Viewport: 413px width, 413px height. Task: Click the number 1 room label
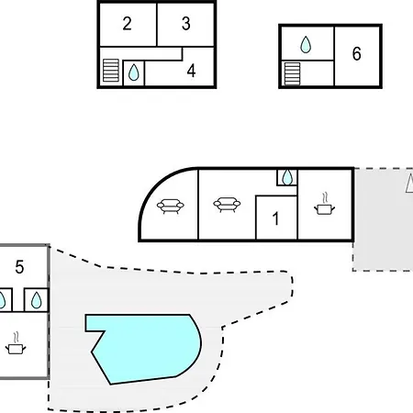point(275,218)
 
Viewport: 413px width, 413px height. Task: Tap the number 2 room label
point(127,23)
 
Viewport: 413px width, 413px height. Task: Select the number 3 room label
point(185,23)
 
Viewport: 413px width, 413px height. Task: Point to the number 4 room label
point(191,71)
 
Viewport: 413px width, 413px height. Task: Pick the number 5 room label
point(19,267)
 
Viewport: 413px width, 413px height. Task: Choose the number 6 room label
point(356,53)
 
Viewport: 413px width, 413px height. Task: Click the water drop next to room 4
point(134,73)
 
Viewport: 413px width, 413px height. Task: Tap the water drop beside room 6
point(306,44)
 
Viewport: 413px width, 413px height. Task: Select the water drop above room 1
point(287,177)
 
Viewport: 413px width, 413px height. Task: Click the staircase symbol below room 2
point(111,71)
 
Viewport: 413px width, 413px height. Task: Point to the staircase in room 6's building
point(292,73)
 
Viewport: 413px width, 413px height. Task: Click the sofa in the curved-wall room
point(171,206)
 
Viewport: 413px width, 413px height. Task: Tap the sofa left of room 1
point(227,205)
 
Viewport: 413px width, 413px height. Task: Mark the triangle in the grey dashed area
point(409,183)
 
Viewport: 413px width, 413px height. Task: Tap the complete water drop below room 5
point(37,300)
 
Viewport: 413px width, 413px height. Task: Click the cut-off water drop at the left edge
point(3,300)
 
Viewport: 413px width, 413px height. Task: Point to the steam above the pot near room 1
point(325,197)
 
